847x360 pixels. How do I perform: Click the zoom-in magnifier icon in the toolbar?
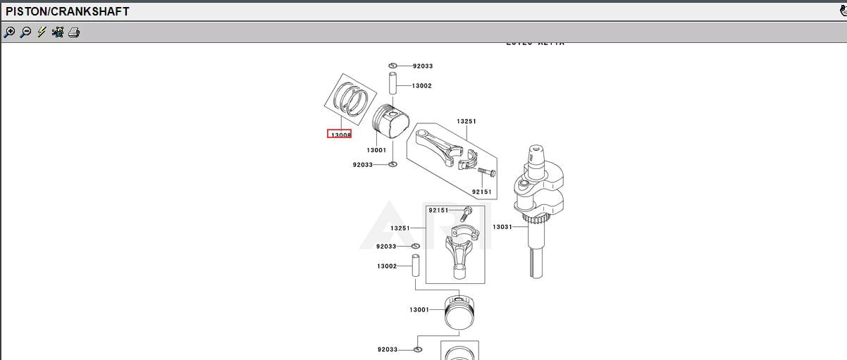(9, 32)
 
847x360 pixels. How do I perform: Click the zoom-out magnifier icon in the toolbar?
(25, 32)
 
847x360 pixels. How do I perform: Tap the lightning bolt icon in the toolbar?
(42, 32)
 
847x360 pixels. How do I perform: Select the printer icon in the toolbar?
(74, 32)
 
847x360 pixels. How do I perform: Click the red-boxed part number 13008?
(340, 135)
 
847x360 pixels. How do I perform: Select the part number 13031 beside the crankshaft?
(502, 227)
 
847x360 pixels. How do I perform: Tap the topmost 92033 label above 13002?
(423, 66)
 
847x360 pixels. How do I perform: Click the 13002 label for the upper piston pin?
(421, 86)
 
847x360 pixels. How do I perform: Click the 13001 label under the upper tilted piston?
(376, 150)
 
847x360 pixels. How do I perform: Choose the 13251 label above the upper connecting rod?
(466, 121)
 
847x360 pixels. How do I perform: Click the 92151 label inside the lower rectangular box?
(438, 210)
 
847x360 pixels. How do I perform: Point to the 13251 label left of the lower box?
(400, 228)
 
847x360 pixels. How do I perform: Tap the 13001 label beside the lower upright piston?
(419, 310)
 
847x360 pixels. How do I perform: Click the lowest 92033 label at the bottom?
(387, 349)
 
